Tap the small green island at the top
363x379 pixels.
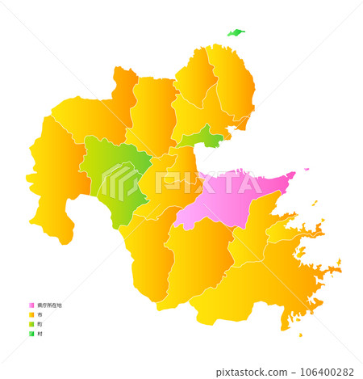point(236,33)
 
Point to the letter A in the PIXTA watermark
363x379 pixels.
point(251,183)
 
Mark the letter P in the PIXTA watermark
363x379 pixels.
point(166,183)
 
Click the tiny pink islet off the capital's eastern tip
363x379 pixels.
point(307,171)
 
